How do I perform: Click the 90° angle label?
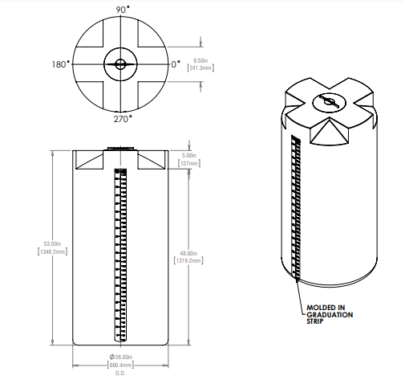coord(121,9)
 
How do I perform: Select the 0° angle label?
coord(176,63)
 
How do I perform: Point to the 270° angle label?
coord(121,118)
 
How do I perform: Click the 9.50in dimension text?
coord(200,60)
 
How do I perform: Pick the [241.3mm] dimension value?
coord(200,68)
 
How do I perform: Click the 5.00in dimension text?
coord(189,155)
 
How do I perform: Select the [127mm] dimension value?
coord(189,163)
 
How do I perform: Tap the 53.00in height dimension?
coord(52,243)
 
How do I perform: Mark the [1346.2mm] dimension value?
coord(52,251)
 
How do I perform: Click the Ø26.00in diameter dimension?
coord(121,358)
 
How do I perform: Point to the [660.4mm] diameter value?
coord(121,366)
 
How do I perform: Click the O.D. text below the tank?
coord(121,374)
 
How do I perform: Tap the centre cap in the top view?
coord(120,63)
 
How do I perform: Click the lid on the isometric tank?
coord(327,101)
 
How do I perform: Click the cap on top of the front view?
coord(121,148)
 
